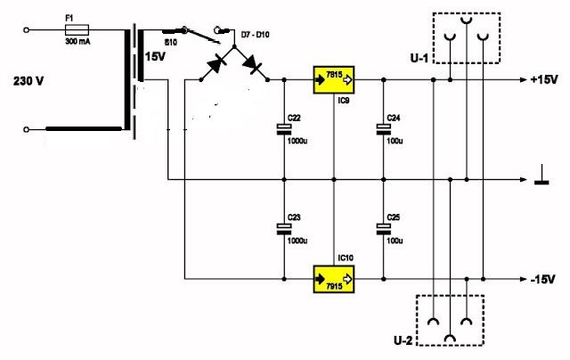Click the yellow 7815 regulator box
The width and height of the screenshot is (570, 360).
point(334,79)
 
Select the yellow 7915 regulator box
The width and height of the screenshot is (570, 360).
point(334,279)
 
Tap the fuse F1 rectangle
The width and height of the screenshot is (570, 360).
point(77,29)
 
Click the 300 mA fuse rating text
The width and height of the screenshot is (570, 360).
point(77,42)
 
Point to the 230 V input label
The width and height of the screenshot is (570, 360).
point(28,81)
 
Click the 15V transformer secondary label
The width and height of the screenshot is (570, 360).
point(155,57)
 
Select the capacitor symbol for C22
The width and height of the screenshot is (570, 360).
point(284,129)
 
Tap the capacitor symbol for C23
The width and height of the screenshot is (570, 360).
point(284,229)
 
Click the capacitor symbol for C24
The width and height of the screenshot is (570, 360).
point(383,129)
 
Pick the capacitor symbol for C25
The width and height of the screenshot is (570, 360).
point(383,229)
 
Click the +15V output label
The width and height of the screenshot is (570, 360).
point(544,79)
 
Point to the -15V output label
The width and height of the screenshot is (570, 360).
point(542,279)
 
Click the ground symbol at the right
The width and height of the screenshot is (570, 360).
point(541,175)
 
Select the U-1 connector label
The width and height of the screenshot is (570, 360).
point(419,58)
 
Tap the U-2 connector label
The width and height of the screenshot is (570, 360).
point(403,340)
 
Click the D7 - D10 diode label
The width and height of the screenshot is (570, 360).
point(256,35)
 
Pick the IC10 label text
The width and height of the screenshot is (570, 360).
point(346,258)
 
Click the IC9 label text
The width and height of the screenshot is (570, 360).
point(344,101)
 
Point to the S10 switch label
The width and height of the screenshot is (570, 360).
point(170,43)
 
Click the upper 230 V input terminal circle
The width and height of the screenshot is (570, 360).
point(26,30)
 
